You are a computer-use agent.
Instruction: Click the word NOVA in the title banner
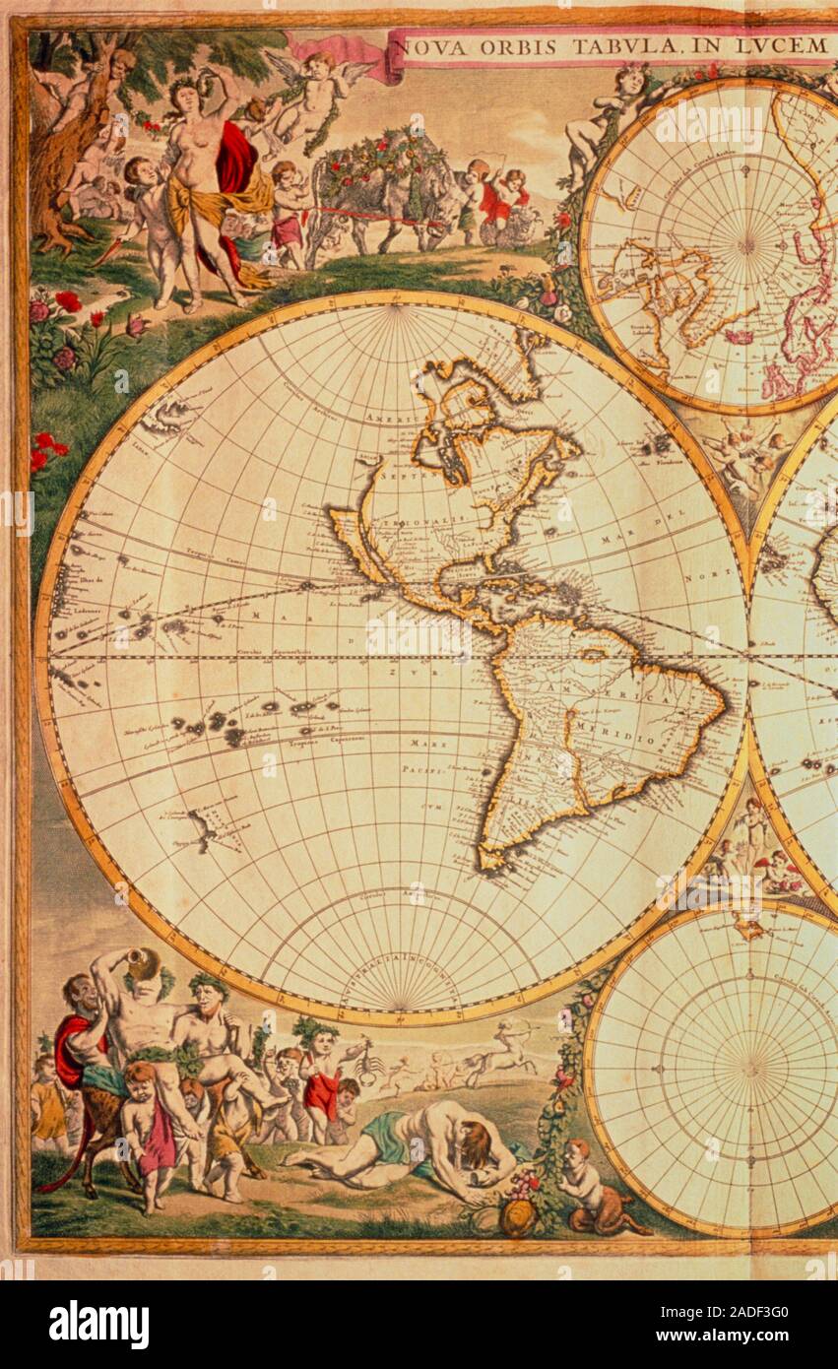coord(429,45)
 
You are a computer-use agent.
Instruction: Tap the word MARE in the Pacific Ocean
coord(421,745)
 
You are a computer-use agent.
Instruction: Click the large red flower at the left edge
coord(67,301)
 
